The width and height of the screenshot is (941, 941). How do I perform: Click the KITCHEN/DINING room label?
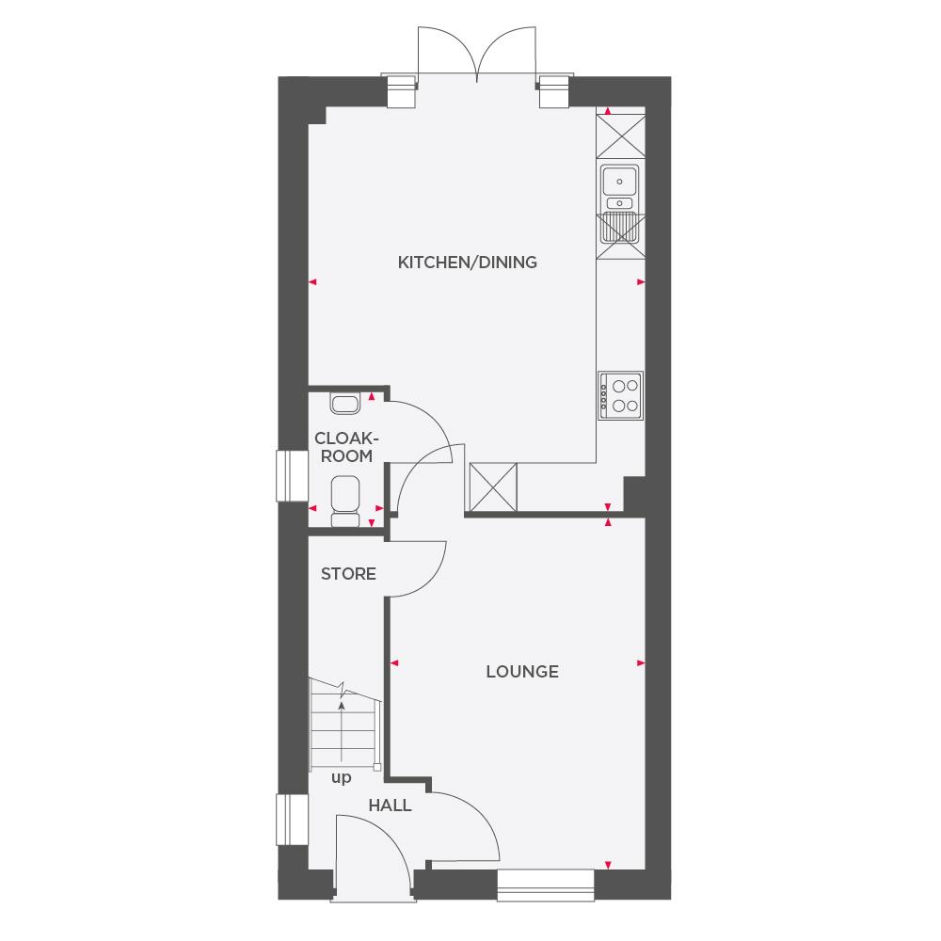[467, 262]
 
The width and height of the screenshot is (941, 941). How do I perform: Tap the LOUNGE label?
[522, 671]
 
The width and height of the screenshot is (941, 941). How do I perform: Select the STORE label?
[348, 573]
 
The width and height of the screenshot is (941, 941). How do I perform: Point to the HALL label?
[390, 805]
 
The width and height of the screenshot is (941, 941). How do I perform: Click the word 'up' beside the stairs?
[341, 778]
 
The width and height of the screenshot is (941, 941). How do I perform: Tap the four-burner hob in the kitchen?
[621, 395]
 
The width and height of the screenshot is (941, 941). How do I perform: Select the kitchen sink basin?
[621, 179]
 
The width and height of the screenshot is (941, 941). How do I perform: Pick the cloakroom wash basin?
[343, 404]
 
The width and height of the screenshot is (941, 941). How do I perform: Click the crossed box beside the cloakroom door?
[493, 488]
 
